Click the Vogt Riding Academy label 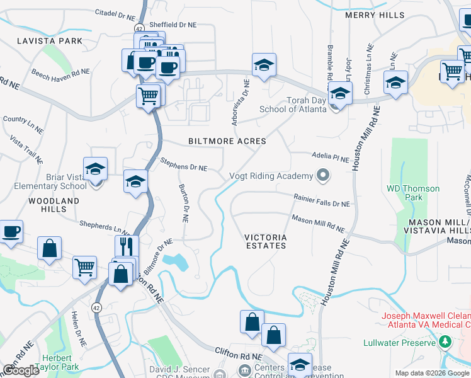pos(271,176)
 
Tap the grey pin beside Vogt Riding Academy pos(323,175)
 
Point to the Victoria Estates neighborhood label pos(266,241)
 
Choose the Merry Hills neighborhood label pos(375,15)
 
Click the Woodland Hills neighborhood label pos(54,205)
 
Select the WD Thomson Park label pos(405,193)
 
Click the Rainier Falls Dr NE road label pos(321,200)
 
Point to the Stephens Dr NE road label pos(183,164)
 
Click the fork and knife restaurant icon pos(127,246)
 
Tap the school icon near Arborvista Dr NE pos(264,64)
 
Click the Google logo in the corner pos(21,370)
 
